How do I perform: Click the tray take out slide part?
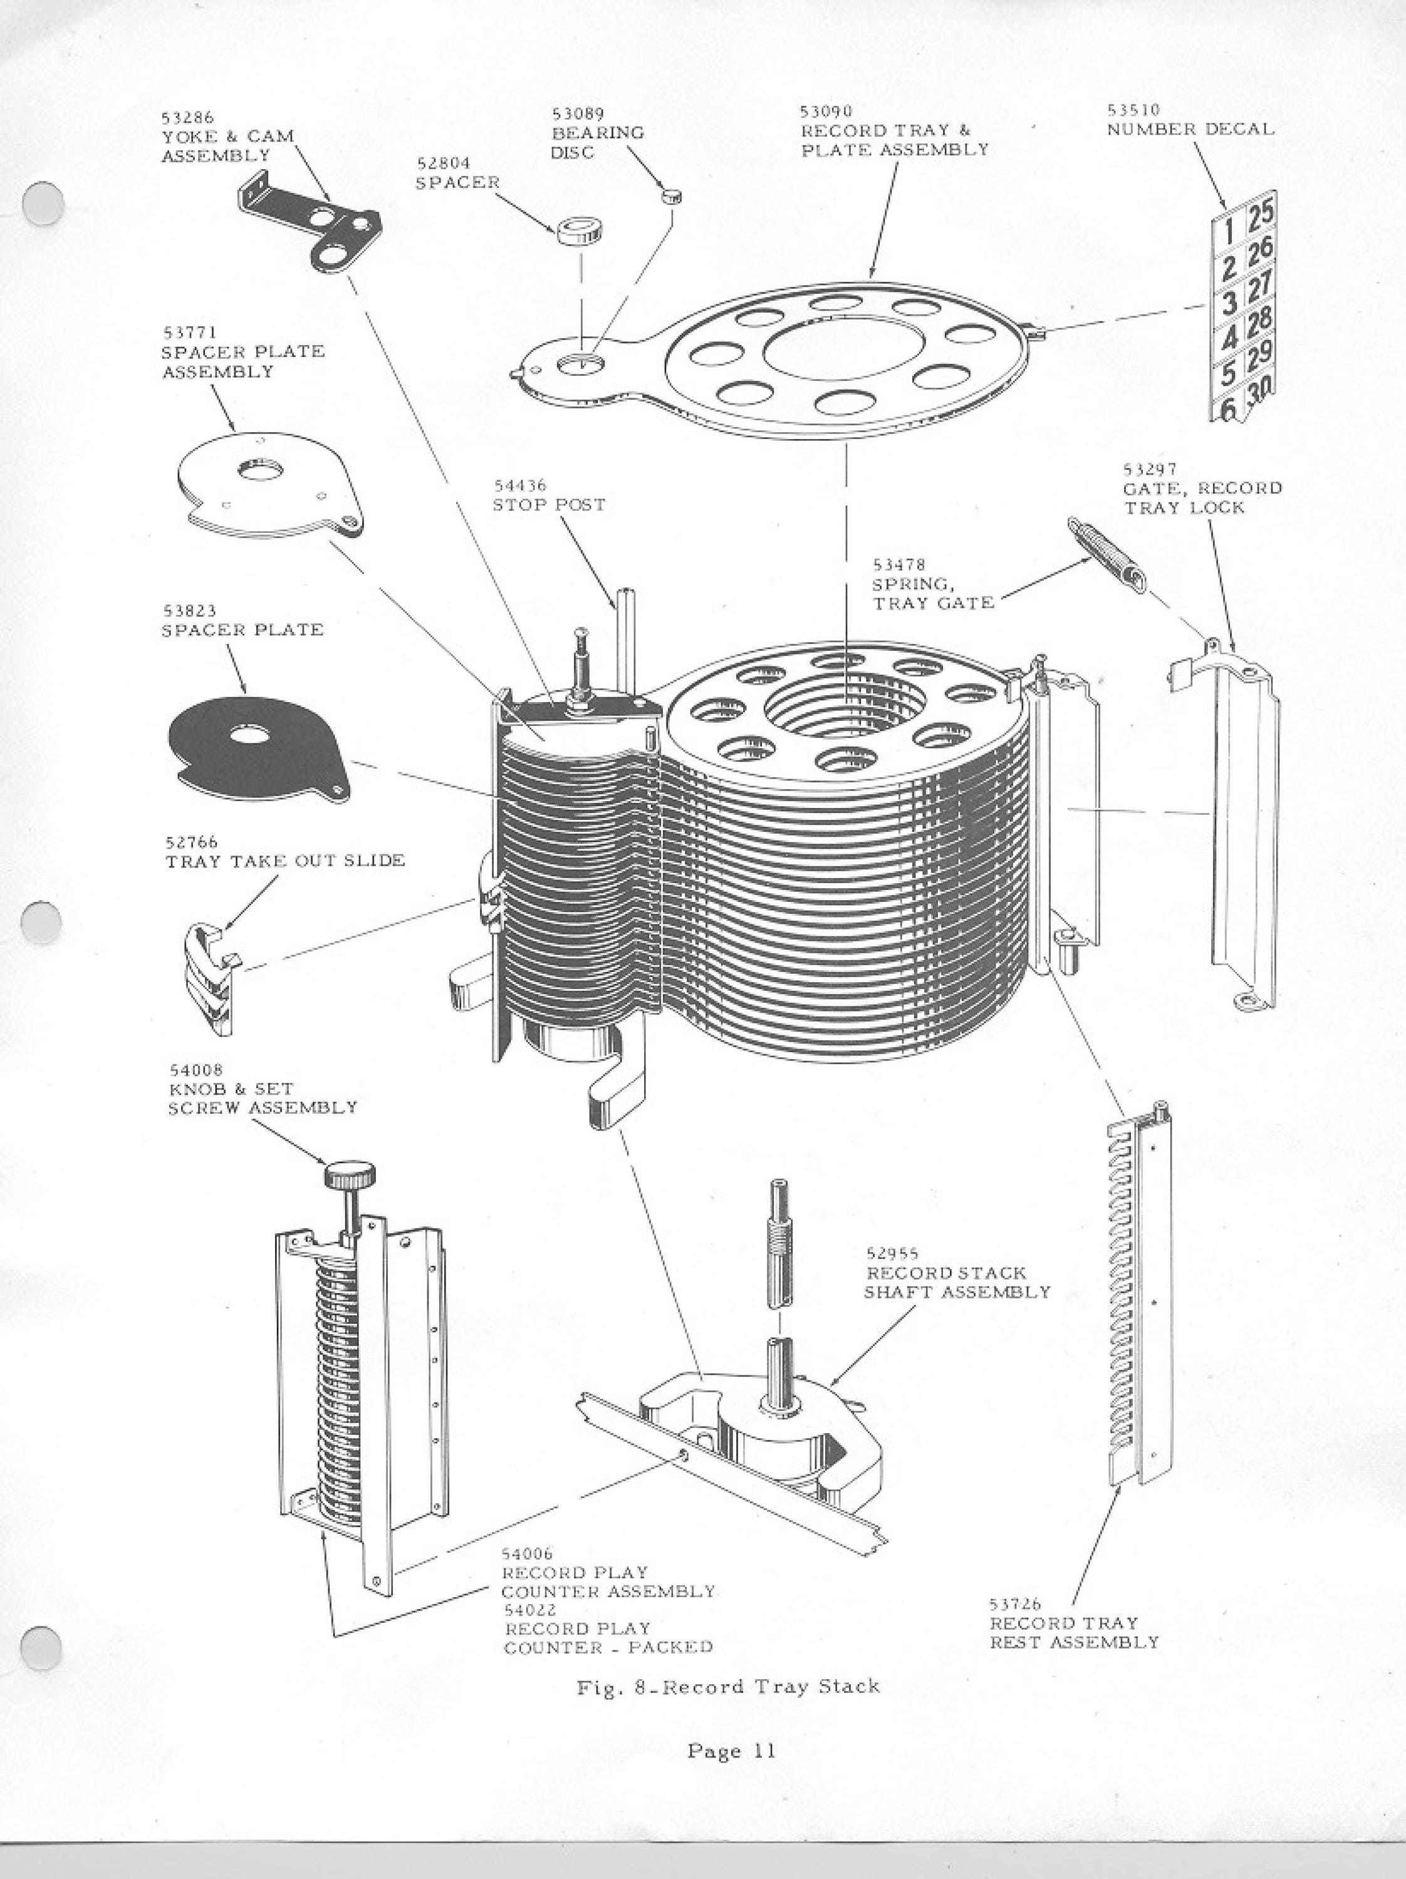point(211,980)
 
